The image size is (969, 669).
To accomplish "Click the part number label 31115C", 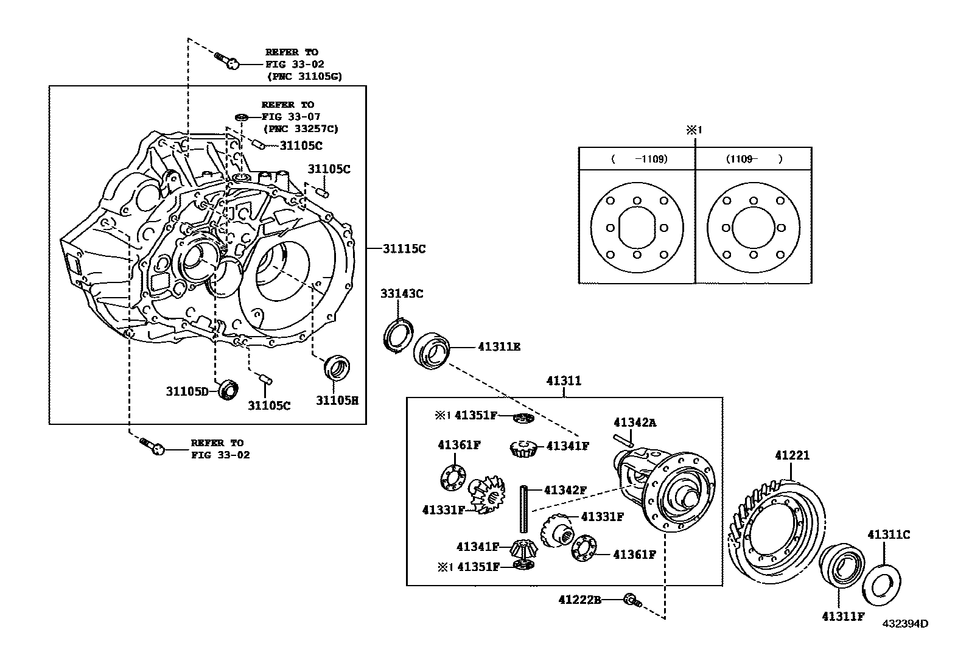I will tap(404, 248).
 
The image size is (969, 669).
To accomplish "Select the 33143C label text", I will tap(402, 293).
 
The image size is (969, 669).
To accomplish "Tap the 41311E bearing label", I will tap(499, 347).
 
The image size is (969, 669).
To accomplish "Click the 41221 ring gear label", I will tap(792, 455).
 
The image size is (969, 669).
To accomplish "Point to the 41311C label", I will tap(888, 534).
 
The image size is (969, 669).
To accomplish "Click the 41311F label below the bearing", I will tap(842, 616).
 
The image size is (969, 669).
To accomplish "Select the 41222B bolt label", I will tap(579, 600).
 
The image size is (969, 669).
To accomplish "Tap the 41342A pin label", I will tap(635, 422).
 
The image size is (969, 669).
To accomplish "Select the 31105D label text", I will tap(187, 391).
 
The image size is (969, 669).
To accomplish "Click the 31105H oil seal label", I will tap(337, 400).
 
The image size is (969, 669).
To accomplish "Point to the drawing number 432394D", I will tap(906, 623).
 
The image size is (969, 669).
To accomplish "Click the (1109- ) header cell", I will tap(753, 159).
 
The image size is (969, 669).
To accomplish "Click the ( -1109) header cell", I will tap(636, 159).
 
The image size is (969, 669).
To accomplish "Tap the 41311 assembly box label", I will tap(564, 381).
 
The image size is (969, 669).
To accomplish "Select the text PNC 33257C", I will tap(301, 128).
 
